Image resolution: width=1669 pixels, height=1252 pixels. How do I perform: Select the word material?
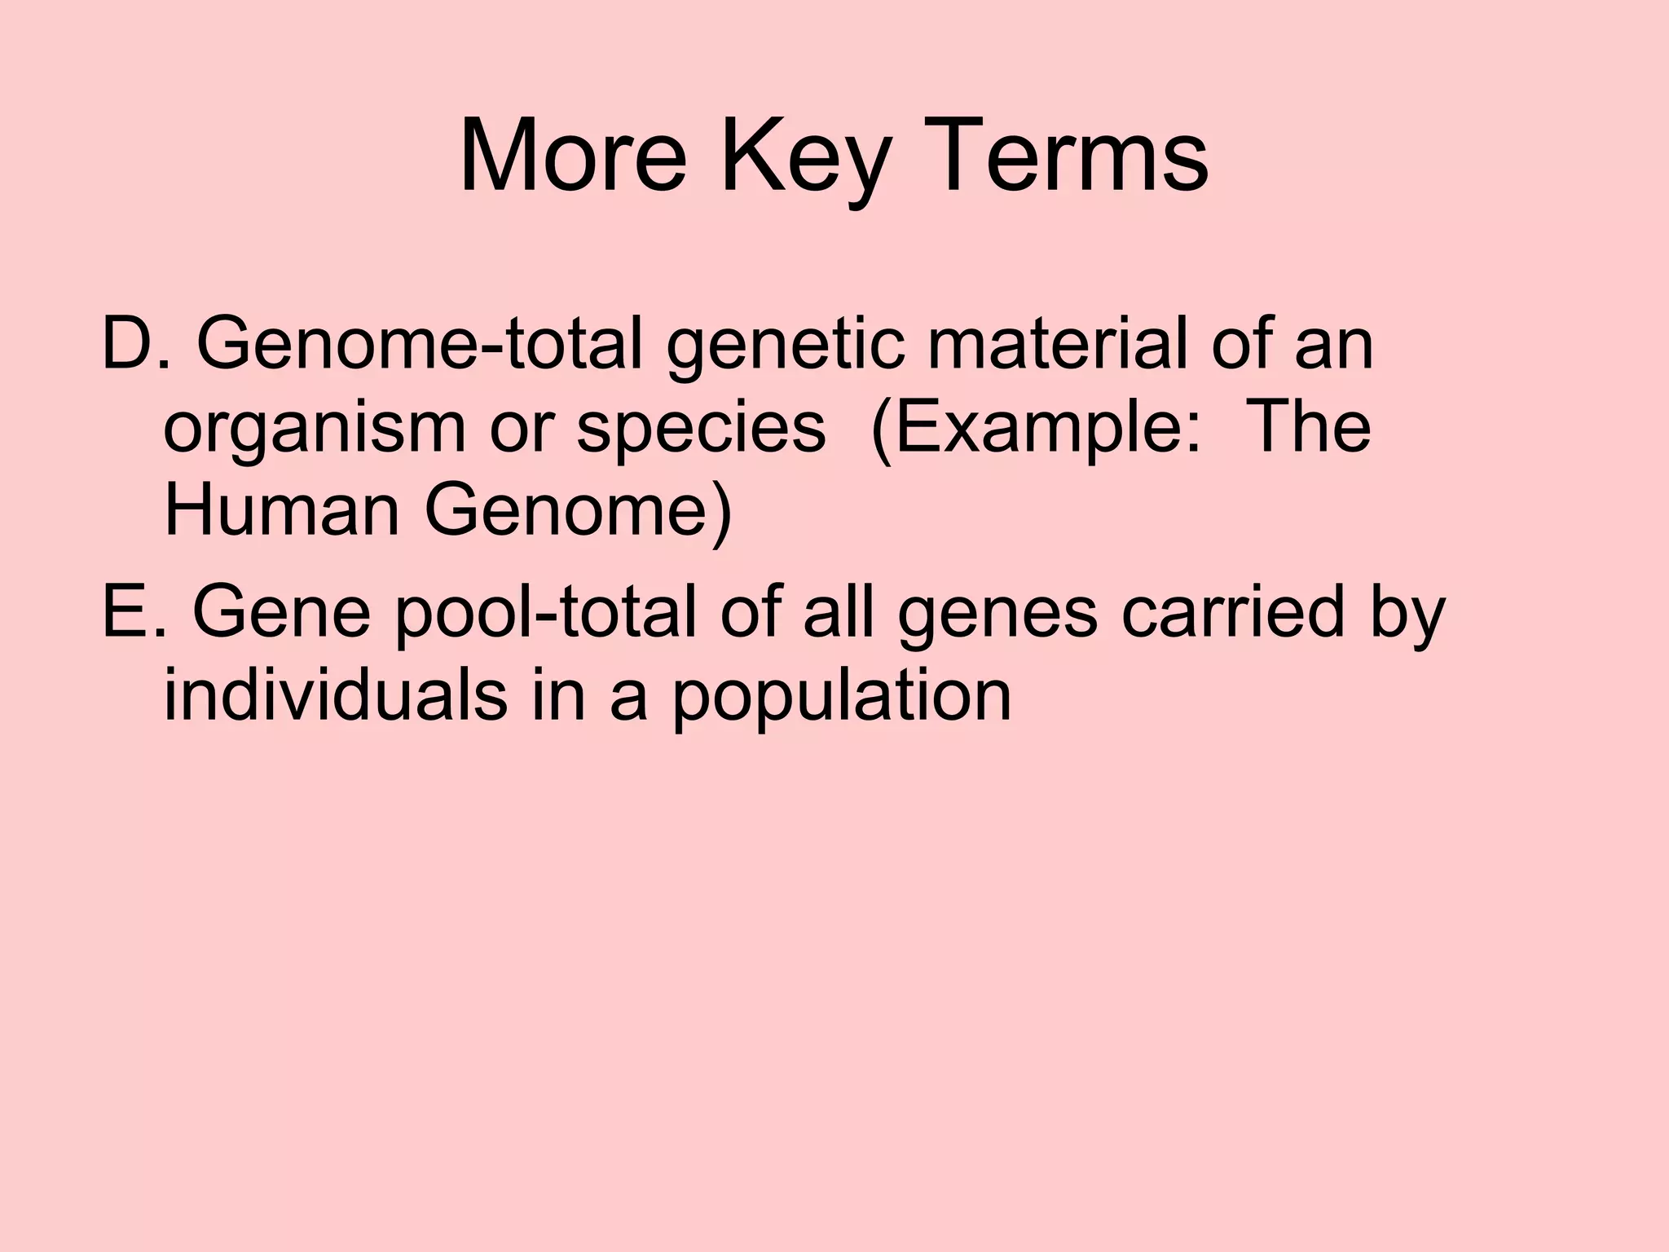[x=1057, y=345]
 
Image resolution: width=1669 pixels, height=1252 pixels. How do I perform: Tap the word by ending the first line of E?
[x=1402, y=613]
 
